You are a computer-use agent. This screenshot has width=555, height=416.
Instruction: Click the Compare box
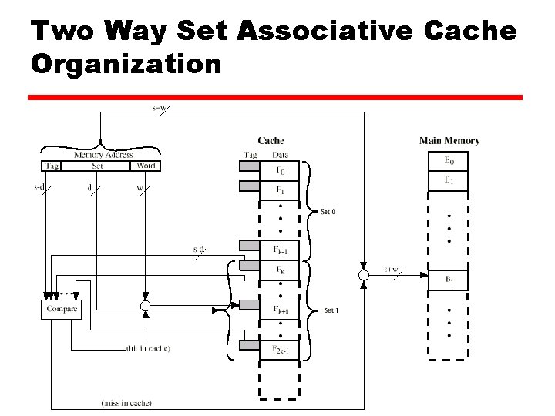click(x=62, y=309)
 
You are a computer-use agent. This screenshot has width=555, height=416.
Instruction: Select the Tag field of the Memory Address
click(x=52, y=166)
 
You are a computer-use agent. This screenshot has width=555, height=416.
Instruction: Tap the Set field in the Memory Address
click(x=97, y=166)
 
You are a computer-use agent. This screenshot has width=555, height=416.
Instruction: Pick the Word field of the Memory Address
click(x=146, y=166)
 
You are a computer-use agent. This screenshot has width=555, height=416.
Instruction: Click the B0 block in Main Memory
click(x=449, y=162)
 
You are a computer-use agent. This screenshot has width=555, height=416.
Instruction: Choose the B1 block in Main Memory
click(x=449, y=182)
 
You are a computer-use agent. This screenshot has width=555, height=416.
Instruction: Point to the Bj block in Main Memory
click(x=449, y=280)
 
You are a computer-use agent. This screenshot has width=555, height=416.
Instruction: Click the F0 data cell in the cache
click(x=280, y=170)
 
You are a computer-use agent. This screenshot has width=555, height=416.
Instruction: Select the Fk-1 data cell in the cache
click(x=280, y=250)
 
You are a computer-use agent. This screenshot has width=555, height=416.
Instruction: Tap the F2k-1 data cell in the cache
click(x=280, y=350)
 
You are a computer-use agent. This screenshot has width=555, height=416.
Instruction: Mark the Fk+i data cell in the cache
click(x=280, y=310)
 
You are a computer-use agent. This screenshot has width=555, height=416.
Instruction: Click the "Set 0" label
click(x=328, y=211)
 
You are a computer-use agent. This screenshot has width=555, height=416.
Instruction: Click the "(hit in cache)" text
click(x=148, y=349)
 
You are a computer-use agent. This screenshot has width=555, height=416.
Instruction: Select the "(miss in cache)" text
click(x=126, y=402)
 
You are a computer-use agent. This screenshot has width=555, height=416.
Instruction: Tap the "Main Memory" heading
click(x=449, y=141)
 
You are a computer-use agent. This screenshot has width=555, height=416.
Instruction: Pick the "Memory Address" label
click(x=103, y=155)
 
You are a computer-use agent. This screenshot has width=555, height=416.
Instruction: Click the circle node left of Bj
click(x=363, y=274)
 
